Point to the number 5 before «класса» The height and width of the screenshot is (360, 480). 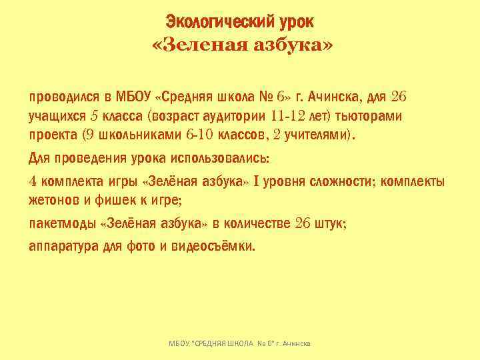93,117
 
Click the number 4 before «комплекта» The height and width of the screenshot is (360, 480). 33,182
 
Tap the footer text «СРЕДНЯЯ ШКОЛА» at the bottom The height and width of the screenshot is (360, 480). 226,343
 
